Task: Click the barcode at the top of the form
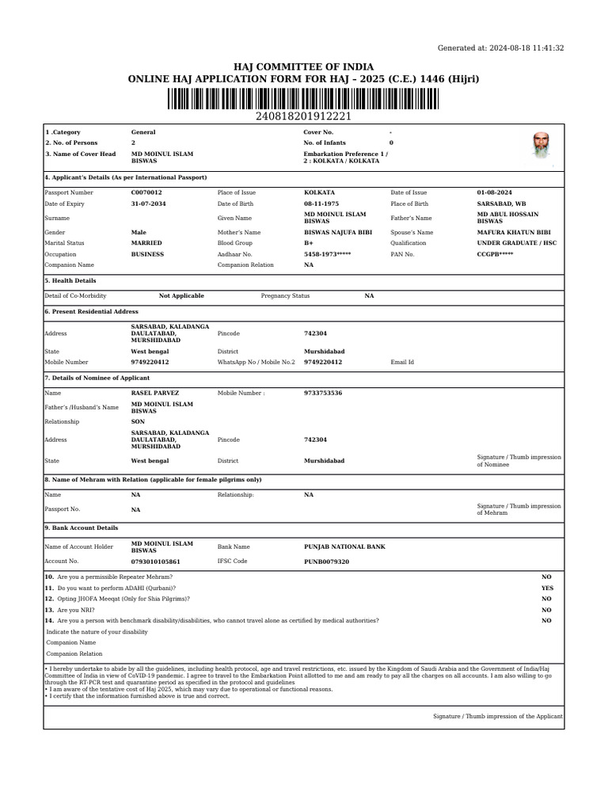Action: click(x=303, y=99)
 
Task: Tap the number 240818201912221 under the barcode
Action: click(x=303, y=116)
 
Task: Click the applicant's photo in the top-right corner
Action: click(x=541, y=146)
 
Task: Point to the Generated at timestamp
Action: click(x=500, y=48)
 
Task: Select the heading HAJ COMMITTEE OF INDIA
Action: click(x=303, y=67)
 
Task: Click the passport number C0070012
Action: click(x=146, y=192)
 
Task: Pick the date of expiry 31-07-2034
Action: click(x=147, y=204)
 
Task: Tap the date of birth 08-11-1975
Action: click(x=321, y=204)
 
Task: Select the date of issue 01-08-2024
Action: click(x=495, y=192)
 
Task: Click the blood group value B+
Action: click(x=309, y=243)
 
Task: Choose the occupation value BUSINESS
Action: click(x=147, y=254)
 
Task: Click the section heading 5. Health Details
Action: click(x=70, y=281)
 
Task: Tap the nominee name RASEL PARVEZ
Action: click(x=154, y=393)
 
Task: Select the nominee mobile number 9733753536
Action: click(x=323, y=393)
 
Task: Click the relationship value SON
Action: click(x=138, y=422)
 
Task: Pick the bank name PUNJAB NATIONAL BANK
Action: click(x=344, y=546)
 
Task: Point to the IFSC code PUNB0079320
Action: click(x=326, y=561)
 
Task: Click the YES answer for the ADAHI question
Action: click(x=547, y=588)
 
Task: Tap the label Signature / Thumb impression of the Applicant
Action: click(x=497, y=716)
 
